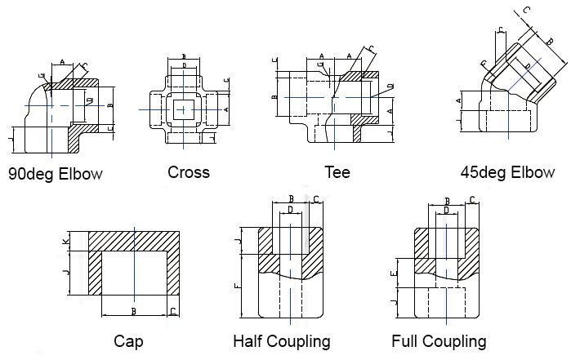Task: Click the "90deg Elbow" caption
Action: point(56,174)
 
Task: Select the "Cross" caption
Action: point(189,172)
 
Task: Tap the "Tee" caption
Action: point(337,172)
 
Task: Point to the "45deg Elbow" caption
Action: point(507,172)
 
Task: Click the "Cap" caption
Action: point(128,341)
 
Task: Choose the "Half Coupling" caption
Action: point(282,341)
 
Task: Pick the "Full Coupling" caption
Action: point(439,341)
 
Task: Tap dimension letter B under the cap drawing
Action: point(134,311)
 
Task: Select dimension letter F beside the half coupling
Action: point(239,286)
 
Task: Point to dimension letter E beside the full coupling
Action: point(393,273)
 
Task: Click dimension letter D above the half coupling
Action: point(290,210)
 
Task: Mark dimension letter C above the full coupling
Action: point(472,200)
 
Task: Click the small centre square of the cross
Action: point(183,109)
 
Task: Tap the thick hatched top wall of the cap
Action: point(134,241)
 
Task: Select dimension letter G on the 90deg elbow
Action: point(42,76)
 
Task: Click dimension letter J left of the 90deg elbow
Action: point(10,139)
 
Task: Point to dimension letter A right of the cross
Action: point(226,109)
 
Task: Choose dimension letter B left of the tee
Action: point(275,97)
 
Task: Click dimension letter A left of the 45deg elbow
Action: point(459,100)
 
